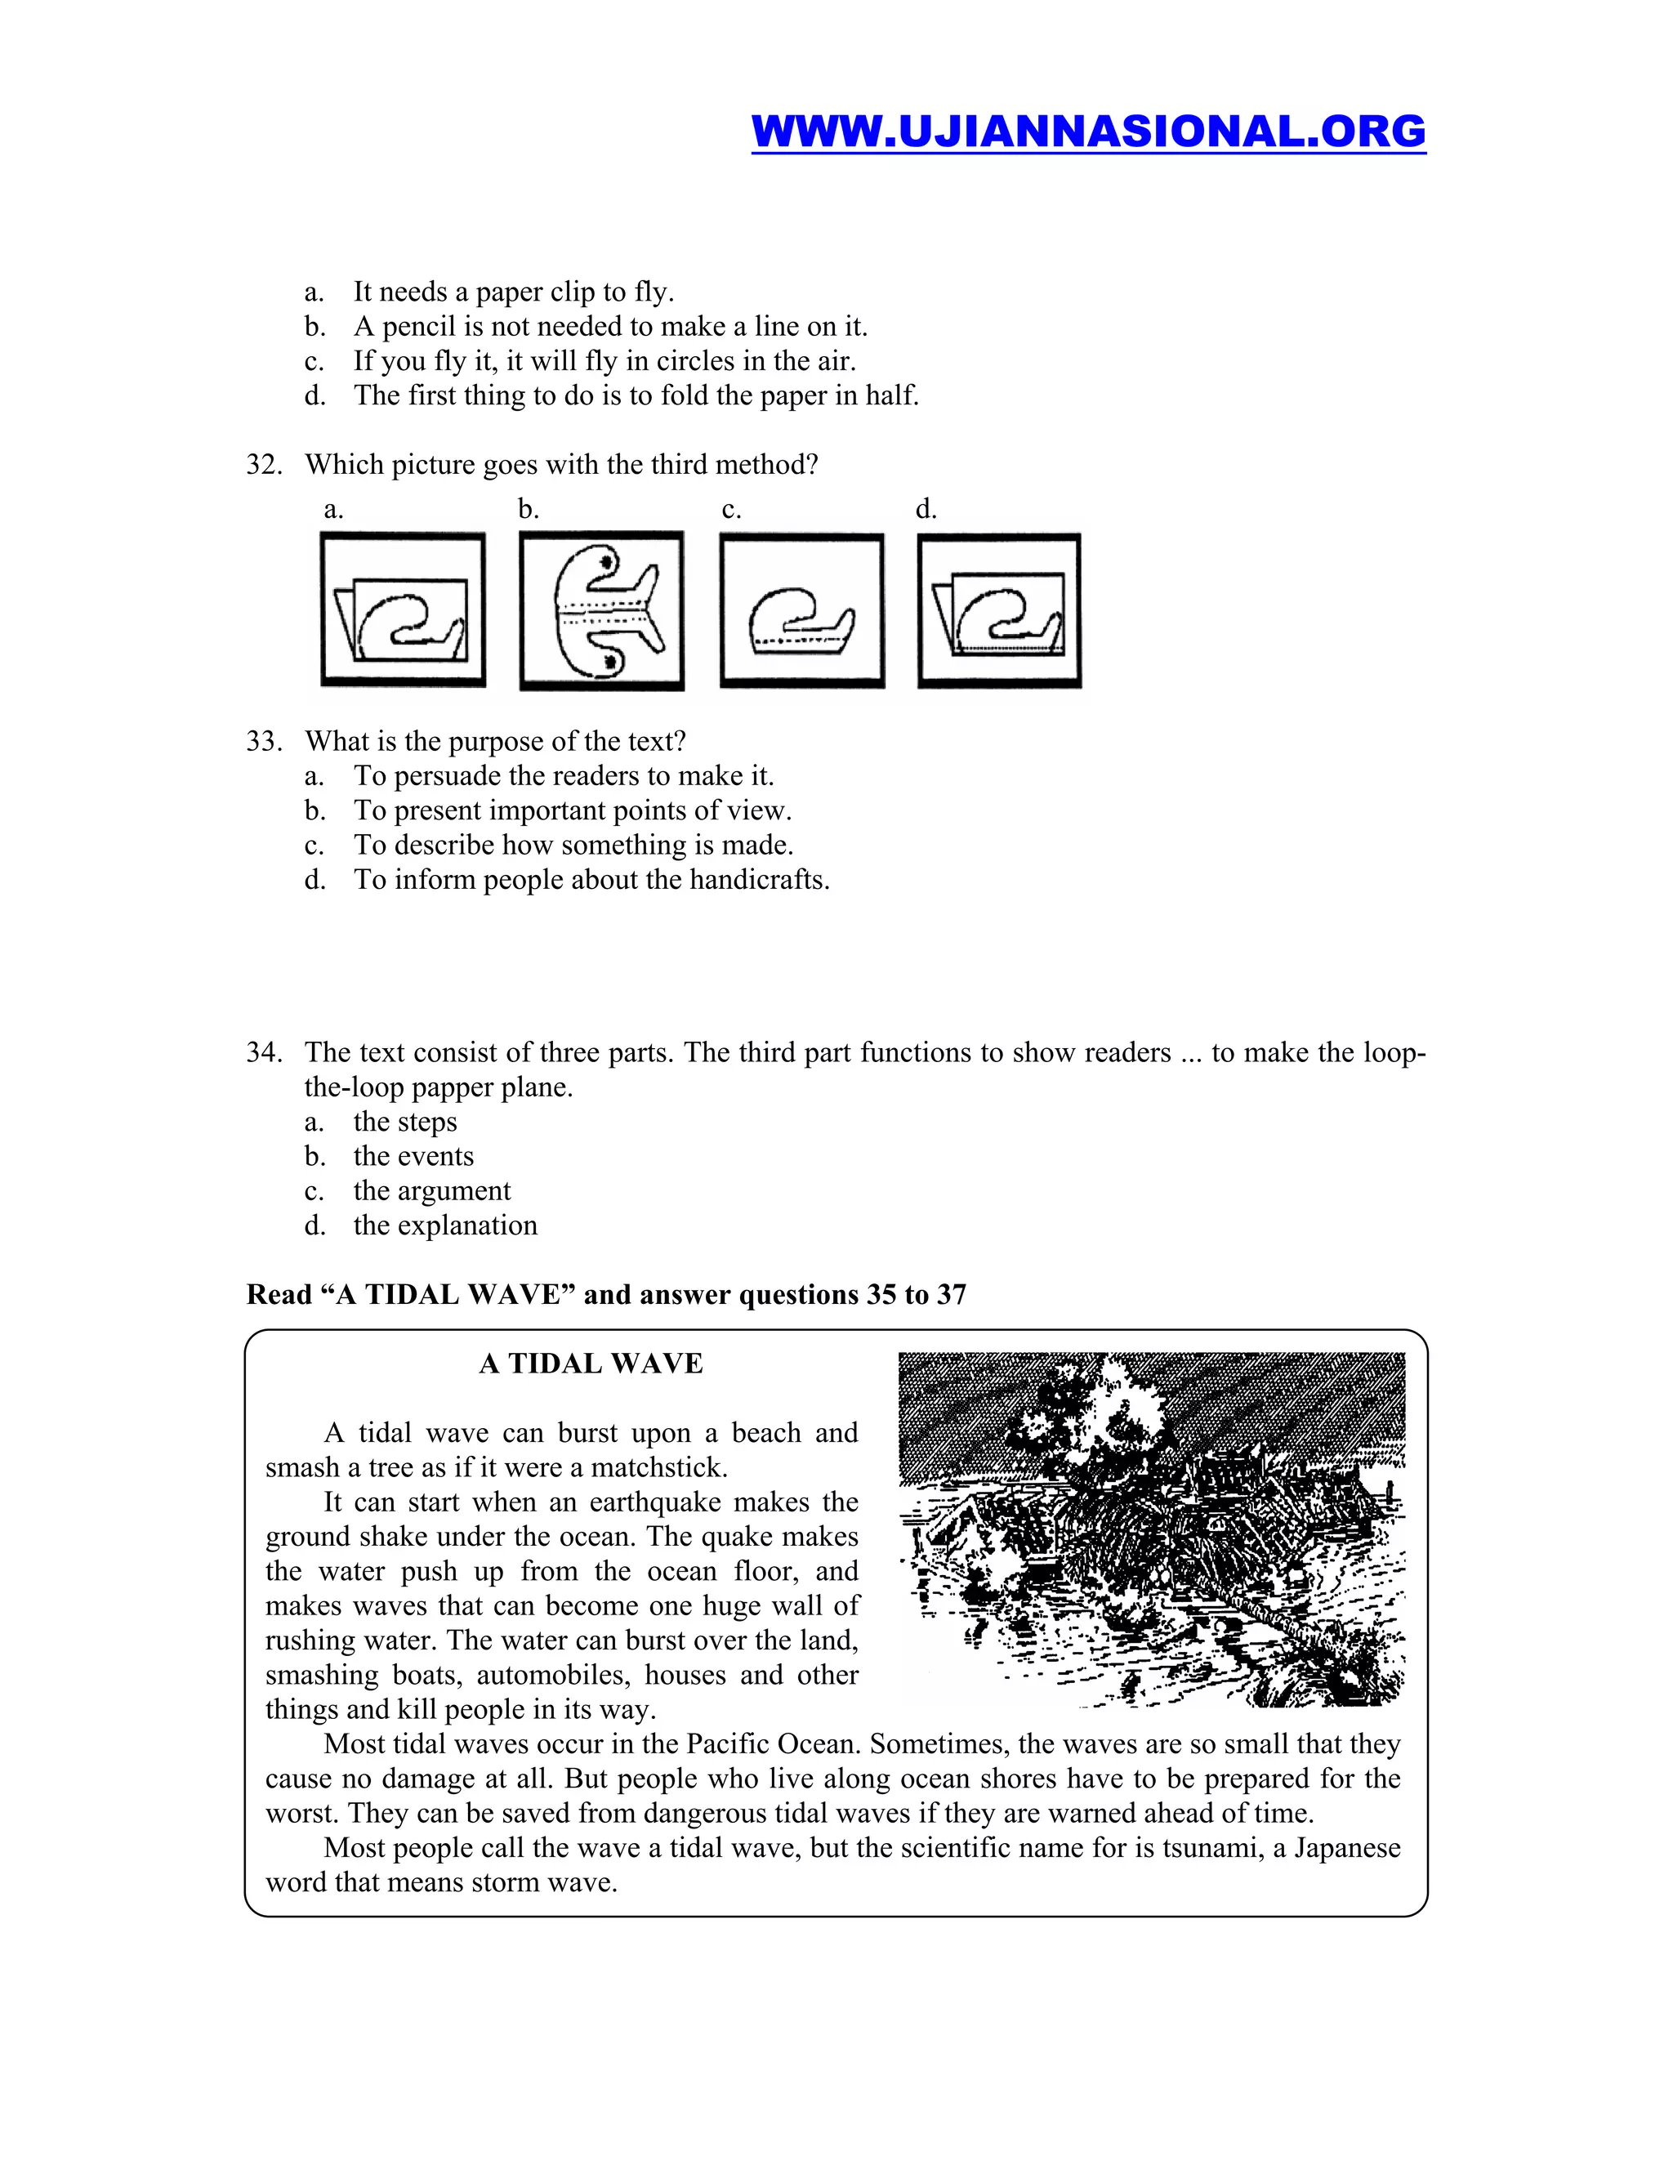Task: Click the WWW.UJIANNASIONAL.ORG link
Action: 1087,131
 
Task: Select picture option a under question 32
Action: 403,609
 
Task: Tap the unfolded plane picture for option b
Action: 601,609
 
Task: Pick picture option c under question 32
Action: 802,609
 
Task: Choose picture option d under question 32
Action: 999,609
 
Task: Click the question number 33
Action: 264,742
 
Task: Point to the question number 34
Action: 264,1053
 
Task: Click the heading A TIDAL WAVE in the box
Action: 591,1364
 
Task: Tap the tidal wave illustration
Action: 1152,1529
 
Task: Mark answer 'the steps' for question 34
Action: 404,1123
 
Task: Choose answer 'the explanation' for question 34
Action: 445,1225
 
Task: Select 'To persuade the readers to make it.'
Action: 563,776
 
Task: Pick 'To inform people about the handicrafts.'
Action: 591,880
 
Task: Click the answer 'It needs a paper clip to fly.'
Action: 513,292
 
